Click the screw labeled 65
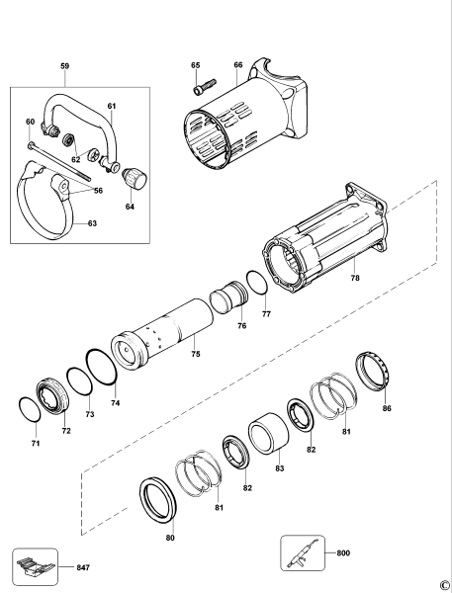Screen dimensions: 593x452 point(200,88)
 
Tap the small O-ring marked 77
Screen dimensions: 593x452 point(256,282)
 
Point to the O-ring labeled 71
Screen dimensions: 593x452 point(30,408)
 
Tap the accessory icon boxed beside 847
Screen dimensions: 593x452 point(35,566)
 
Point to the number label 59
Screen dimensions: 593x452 point(64,67)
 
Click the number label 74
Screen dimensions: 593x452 point(115,404)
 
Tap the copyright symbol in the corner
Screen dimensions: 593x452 point(444,582)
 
